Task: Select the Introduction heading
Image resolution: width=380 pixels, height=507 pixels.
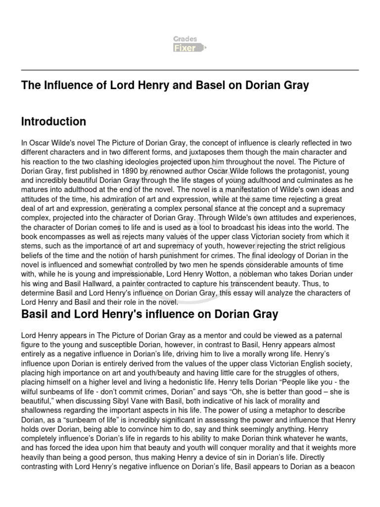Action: click(53, 121)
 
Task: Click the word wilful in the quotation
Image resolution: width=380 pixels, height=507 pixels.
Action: click(32, 391)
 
